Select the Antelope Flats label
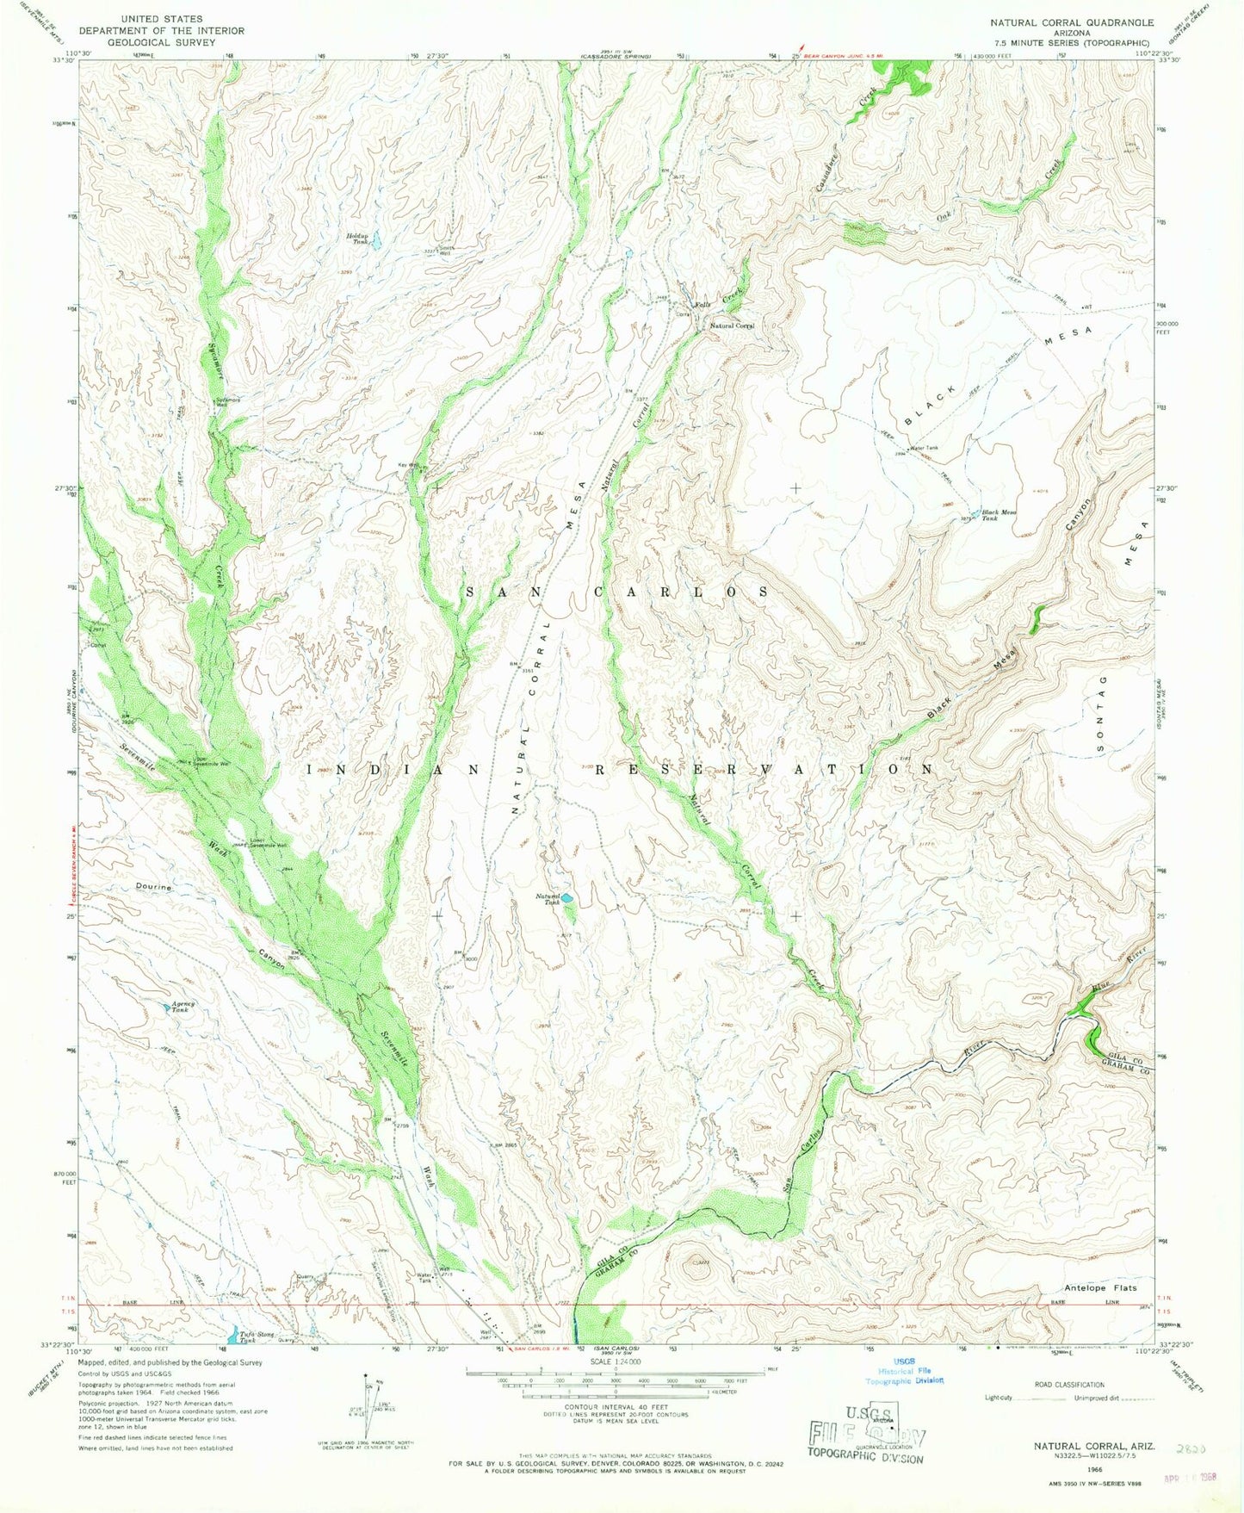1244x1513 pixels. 1100,1288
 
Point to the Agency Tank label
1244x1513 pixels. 183,1006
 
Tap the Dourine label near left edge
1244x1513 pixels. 153,886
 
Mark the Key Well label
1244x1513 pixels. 407,465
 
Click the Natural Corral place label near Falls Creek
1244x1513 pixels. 732,326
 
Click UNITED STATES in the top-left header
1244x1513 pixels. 162,18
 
